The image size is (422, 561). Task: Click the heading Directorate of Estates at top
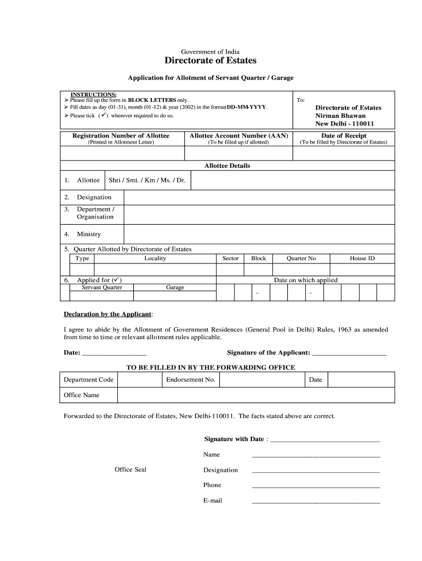(210, 61)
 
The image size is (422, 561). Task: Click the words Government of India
(210, 52)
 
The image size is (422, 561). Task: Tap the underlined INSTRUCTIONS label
(93, 95)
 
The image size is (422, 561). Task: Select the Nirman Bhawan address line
(340, 116)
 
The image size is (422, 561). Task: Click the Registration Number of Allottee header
(121, 136)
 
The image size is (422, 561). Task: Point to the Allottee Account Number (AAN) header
(238, 136)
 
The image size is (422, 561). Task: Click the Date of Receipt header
(344, 136)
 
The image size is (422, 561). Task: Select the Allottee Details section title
(227, 165)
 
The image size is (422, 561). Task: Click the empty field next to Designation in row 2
(259, 197)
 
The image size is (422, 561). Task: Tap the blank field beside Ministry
(259, 234)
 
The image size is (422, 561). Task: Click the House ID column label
(362, 259)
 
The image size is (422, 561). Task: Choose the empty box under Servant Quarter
(101, 296)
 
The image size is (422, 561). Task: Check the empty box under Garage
(175, 296)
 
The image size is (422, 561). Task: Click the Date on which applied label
(305, 280)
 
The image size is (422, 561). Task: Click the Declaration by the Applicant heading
(109, 314)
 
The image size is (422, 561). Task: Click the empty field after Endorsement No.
(261, 380)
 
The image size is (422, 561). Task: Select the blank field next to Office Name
(255, 395)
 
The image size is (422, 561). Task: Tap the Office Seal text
(130, 470)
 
